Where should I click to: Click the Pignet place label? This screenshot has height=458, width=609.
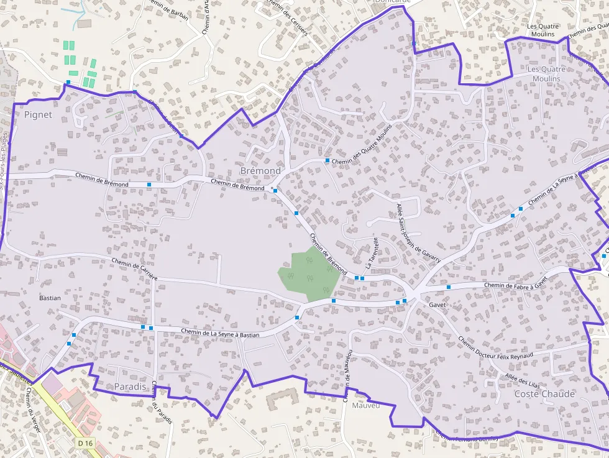point(38,115)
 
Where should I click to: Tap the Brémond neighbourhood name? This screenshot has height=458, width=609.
point(260,170)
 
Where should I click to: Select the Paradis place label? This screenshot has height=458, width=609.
point(130,387)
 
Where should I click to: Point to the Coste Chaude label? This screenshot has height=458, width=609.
point(544,394)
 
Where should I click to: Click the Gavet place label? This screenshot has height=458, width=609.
point(437,305)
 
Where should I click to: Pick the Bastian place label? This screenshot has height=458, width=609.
point(50,298)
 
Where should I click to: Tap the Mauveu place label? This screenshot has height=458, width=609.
point(365,406)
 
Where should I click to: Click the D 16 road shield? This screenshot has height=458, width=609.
point(86,442)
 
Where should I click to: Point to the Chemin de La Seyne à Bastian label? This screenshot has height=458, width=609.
point(220,333)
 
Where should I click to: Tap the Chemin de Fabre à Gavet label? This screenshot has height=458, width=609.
point(515,283)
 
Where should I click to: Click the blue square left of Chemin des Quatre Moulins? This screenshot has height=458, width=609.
point(327,160)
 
